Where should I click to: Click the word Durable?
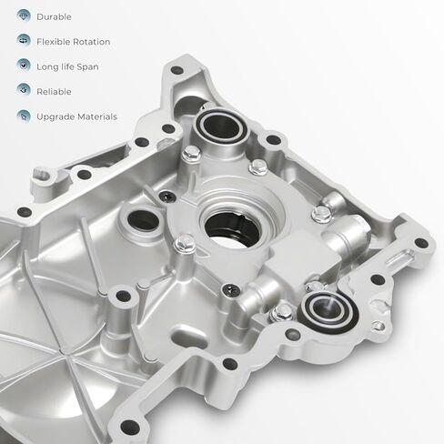click(x=54, y=16)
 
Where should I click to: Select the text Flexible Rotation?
click(x=74, y=42)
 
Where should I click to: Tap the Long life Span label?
click(x=67, y=66)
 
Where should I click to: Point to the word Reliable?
click(x=54, y=92)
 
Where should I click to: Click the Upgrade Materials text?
click(x=76, y=116)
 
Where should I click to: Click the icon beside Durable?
click(x=24, y=15)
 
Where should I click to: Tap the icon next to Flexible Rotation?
click(x=24, y=40)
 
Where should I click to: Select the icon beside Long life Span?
click(x=24, y=66)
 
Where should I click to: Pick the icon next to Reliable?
click(x=24, y=90)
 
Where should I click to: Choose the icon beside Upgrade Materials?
click(x=24, y=116)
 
